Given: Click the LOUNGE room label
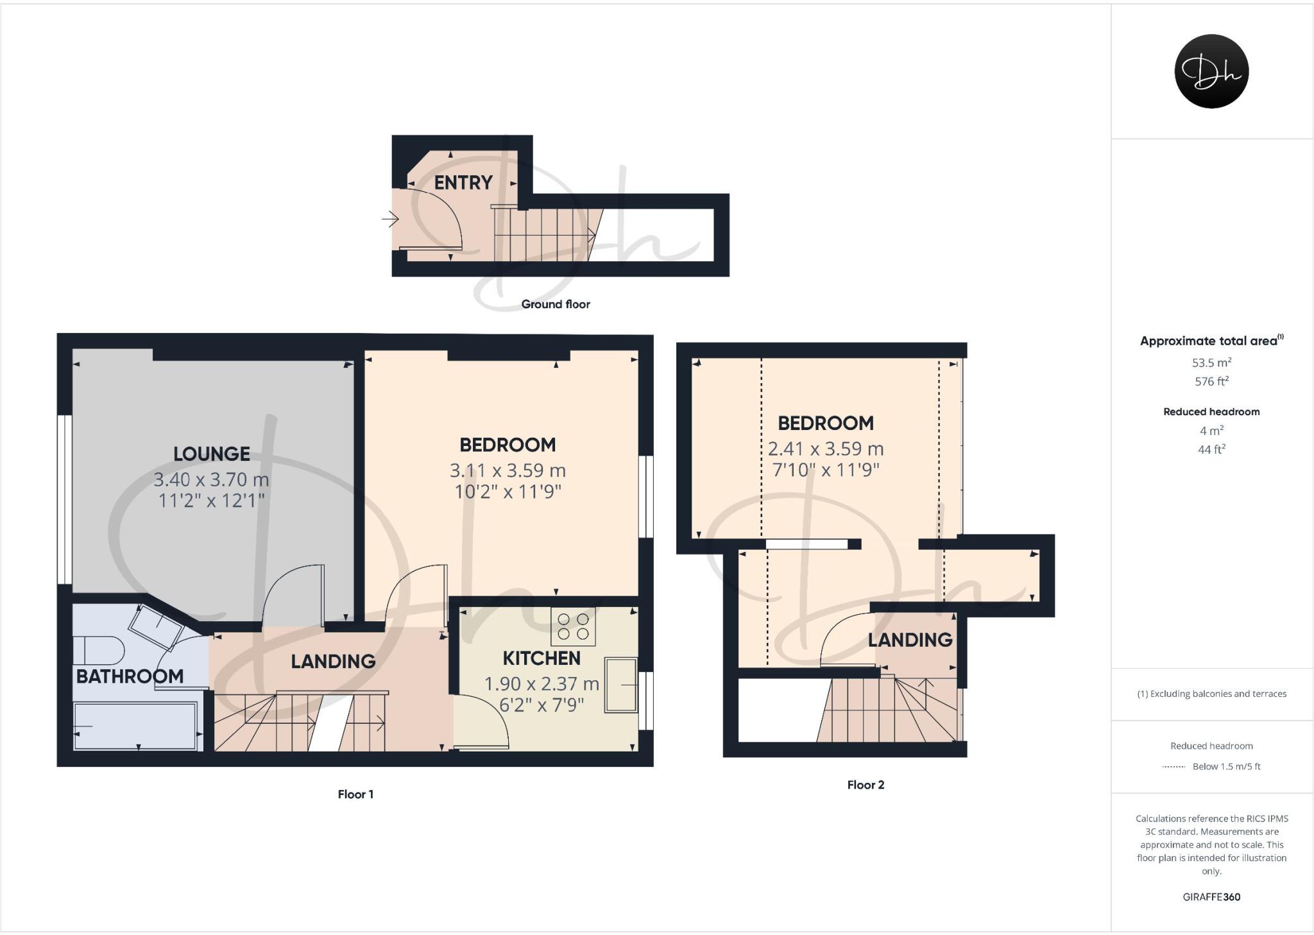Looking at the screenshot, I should [211, 454].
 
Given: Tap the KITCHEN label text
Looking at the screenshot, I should [541, 658].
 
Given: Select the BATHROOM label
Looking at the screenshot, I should [130, 676].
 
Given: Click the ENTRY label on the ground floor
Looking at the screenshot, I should [463, 183].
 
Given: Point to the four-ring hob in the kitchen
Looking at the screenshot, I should [573, 626].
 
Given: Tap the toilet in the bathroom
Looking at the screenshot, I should [98, 650].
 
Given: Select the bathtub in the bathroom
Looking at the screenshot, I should [135, 726].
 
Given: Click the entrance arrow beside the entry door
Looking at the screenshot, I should [390, 219].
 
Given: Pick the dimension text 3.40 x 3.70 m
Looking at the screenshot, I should [211, 479].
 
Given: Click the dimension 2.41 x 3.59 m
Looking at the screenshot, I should [825, 449].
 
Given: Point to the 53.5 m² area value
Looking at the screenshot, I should [1211, 363].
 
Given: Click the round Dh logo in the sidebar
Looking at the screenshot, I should [1211, 71].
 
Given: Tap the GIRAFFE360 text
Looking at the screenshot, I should [1211, 897].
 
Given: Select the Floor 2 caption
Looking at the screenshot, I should [865, 785].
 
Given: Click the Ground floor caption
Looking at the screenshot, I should [555, 304].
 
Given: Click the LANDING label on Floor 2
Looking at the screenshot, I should [909, 640].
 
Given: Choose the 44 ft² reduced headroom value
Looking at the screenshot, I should [1211, 449].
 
